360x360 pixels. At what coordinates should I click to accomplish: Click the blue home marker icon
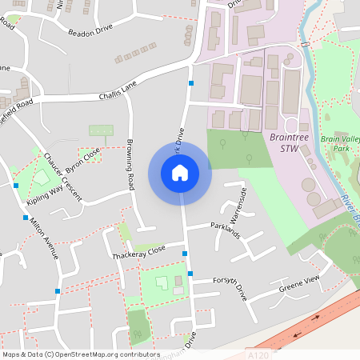click(180, 172)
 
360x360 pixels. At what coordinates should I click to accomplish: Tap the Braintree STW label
click(289, 142)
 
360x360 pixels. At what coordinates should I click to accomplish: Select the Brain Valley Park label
click(337, 144)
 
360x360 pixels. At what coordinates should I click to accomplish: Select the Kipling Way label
click(45, 198)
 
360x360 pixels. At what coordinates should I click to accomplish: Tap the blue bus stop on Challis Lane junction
click(191, 83)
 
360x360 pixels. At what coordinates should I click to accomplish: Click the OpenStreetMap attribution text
click(81, 354)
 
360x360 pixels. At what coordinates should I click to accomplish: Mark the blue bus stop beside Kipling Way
click(16, 186)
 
